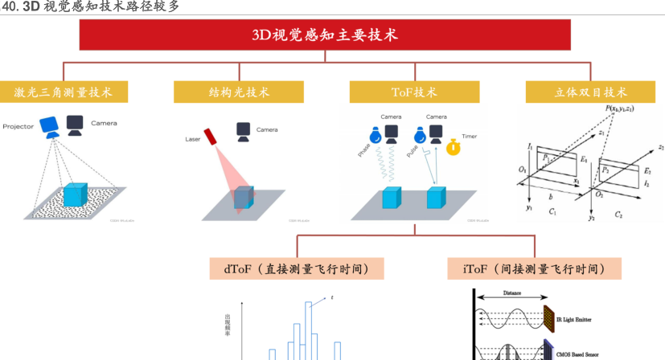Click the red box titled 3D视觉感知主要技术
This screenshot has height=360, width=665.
[x=324, y=35]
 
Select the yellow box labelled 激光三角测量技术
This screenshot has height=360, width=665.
[x=63, y=92]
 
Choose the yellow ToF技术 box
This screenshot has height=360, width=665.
[x=414, y=92]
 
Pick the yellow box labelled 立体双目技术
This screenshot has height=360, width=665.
[x=591, y=92]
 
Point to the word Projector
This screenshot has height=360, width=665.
[x=18, y=127]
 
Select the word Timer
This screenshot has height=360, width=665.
[x=469, y=137]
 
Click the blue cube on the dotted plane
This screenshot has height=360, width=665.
[x=74, y=194]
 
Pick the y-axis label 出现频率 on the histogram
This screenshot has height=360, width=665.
[x=227, y=325]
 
